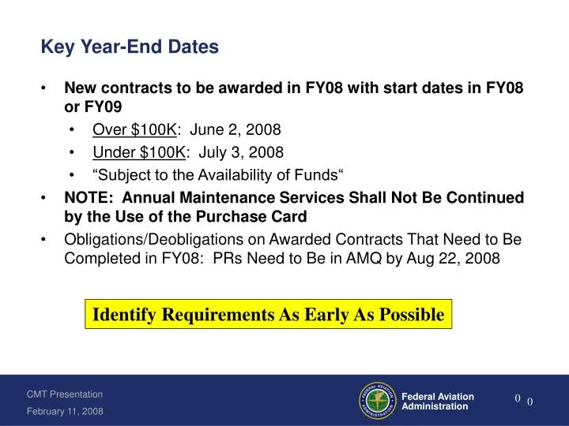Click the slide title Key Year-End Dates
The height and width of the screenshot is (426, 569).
130,48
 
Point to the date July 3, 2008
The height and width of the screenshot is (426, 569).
238,151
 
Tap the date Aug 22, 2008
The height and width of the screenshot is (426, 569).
445,260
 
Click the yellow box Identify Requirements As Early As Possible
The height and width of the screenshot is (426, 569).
269,314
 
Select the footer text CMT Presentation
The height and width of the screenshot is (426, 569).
65,394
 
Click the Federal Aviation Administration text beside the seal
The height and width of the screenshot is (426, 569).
438,401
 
